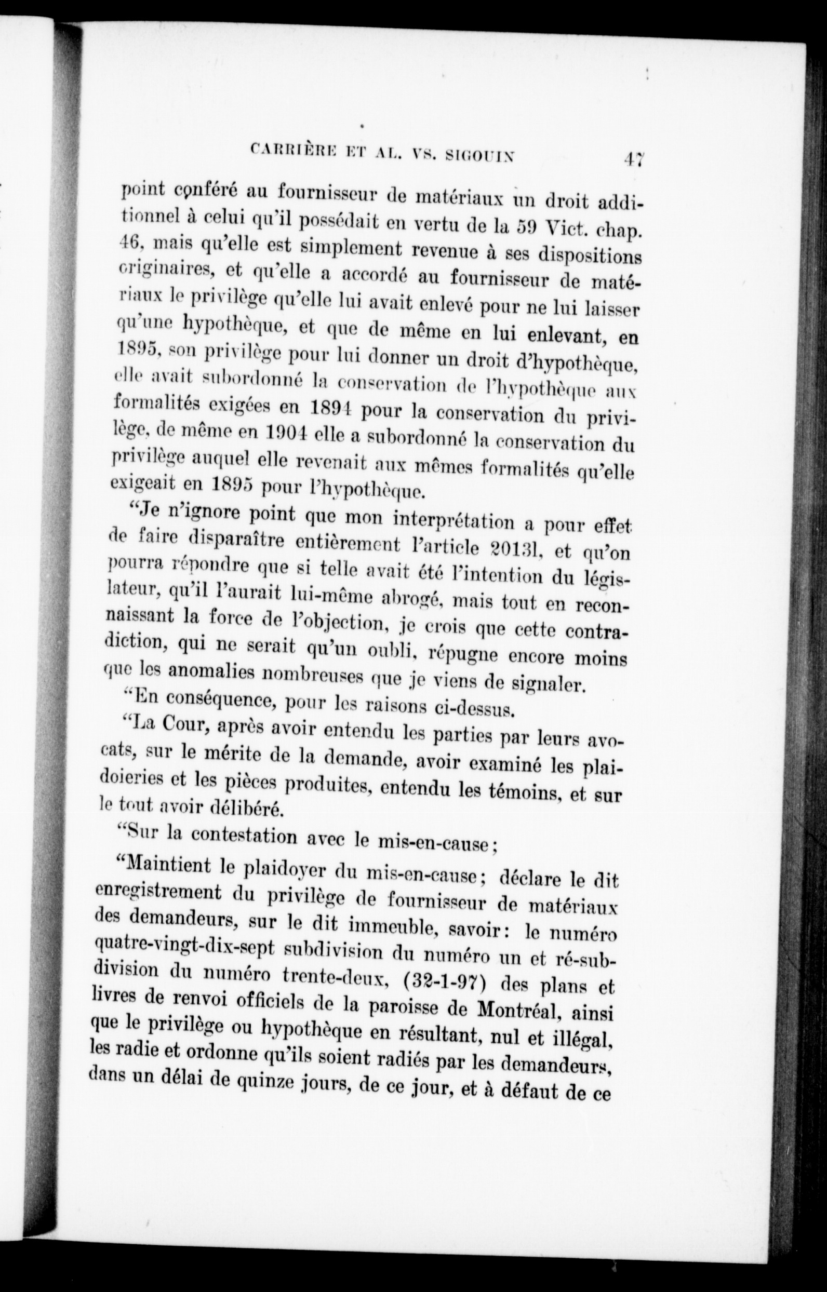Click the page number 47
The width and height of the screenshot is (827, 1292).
[634, 159]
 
